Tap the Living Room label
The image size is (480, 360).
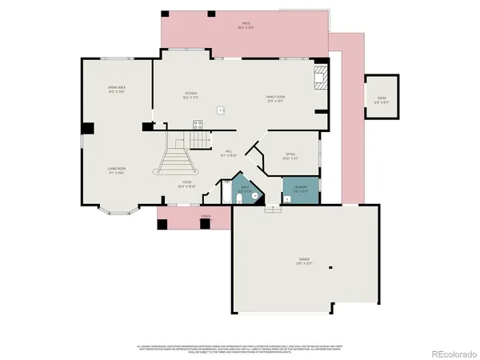point(118,170)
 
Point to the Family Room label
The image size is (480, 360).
point(275,99)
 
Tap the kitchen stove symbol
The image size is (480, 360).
point(197,122)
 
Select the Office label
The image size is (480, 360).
point(291,157)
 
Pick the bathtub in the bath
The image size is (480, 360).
point(243,192)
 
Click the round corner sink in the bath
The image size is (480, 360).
point(254,194)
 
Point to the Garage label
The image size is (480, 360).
point(305,261)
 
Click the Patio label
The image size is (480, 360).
point(244,27)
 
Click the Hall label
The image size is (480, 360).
point(227,154)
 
